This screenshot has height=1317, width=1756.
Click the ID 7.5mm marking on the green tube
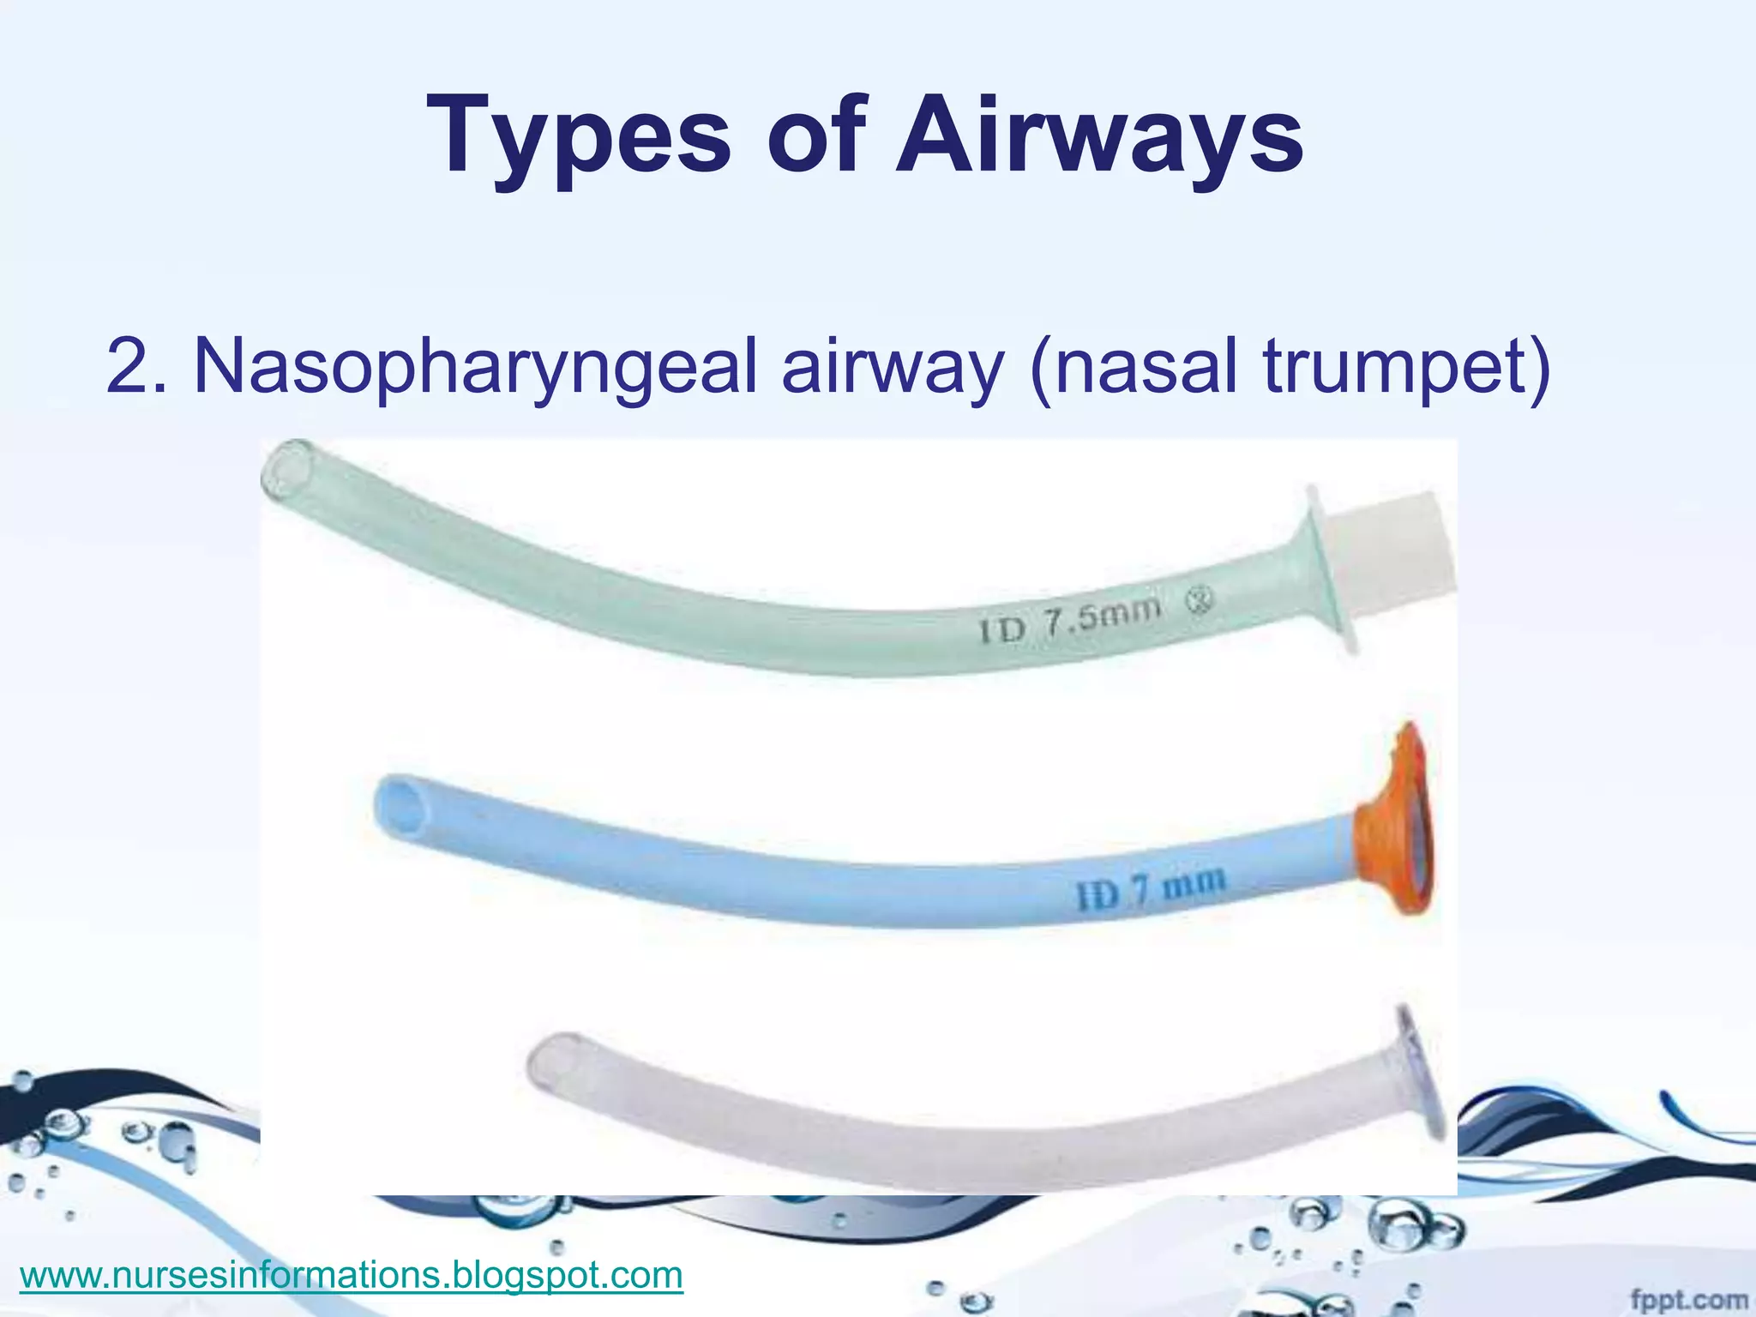pos(1072,620)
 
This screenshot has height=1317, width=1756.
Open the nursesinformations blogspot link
pos(352,1275)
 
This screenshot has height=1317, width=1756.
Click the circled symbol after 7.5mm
pos(1200,603)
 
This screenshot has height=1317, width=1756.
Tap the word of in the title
pos(815,137)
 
